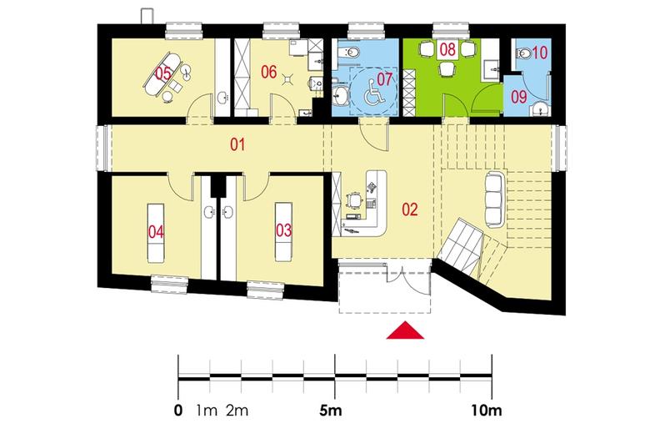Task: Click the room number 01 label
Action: [x=238, y=146]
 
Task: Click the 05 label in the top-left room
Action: [x=162, y=73]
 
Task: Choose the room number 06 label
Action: [x=267, y=73]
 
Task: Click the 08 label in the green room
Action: [x=447, y=50]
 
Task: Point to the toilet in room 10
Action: [x=524, y=53]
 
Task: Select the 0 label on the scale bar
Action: [x=178, y=411]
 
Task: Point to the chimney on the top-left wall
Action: [x=147, y=15]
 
